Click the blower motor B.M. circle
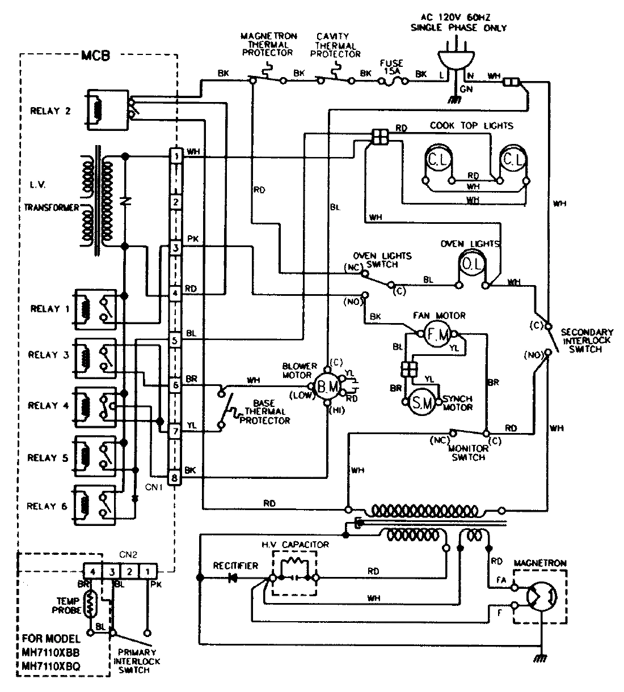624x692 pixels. coord(328,387)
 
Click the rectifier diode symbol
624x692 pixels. coord(232,578)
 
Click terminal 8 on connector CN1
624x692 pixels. coord(175,478)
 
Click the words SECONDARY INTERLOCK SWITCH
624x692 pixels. coord(585,341)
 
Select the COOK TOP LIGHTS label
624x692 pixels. coord(471,126)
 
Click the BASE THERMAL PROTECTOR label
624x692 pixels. coord(265,412)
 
